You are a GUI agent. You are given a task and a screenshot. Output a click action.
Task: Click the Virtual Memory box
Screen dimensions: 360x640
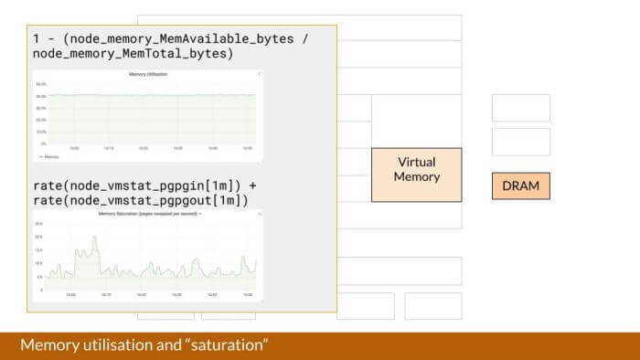(416, 175)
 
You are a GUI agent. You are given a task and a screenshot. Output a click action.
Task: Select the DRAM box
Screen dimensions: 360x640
(520, 185)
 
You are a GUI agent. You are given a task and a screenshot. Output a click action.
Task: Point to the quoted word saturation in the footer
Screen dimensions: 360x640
(227, 346)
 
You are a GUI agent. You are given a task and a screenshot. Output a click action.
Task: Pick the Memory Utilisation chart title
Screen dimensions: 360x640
(148, 74)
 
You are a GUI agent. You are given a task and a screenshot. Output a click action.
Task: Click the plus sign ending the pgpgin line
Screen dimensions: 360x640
(252, 185)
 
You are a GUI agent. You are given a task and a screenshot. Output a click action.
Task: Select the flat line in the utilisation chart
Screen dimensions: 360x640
(146, 95)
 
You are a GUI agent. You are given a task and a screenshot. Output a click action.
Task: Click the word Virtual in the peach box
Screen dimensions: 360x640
(416, 163)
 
